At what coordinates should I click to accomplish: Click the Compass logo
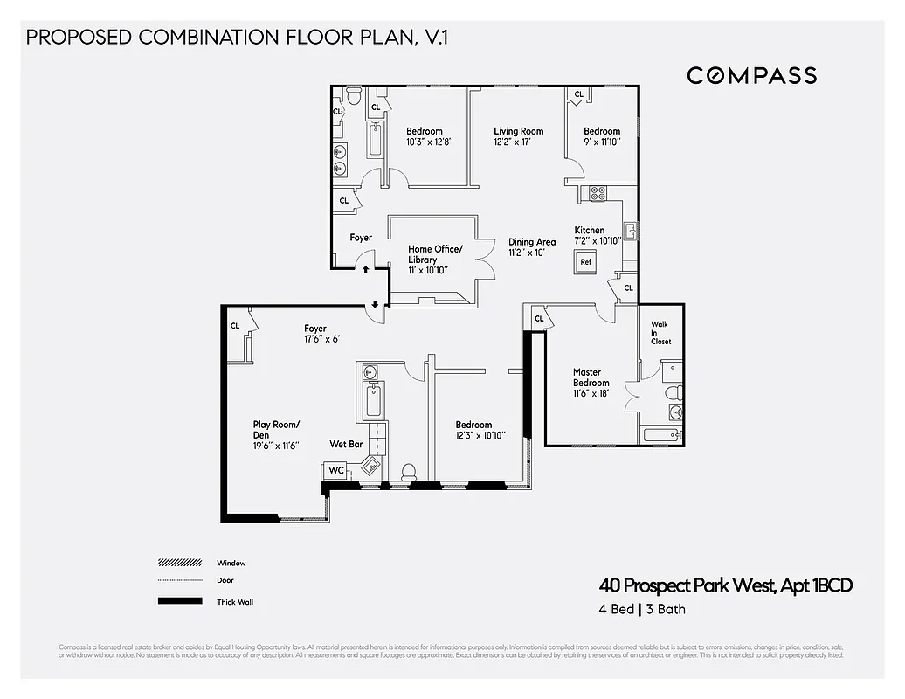click(751, 75)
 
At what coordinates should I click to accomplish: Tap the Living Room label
click(518, 131)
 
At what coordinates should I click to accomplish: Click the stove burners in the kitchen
click(598, 193)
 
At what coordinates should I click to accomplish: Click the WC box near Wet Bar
click(335, 470)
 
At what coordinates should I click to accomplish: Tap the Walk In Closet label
click(660, 332)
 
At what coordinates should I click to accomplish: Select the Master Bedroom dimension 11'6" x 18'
click(591, 394)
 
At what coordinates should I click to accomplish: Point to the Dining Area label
click(532, 242)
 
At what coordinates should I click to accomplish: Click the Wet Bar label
click(346, 444)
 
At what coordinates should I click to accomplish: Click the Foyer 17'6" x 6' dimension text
click(321, 339)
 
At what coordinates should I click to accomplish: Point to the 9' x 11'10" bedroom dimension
click(602, 142)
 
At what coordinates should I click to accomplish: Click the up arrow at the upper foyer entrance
click(365, 270)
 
